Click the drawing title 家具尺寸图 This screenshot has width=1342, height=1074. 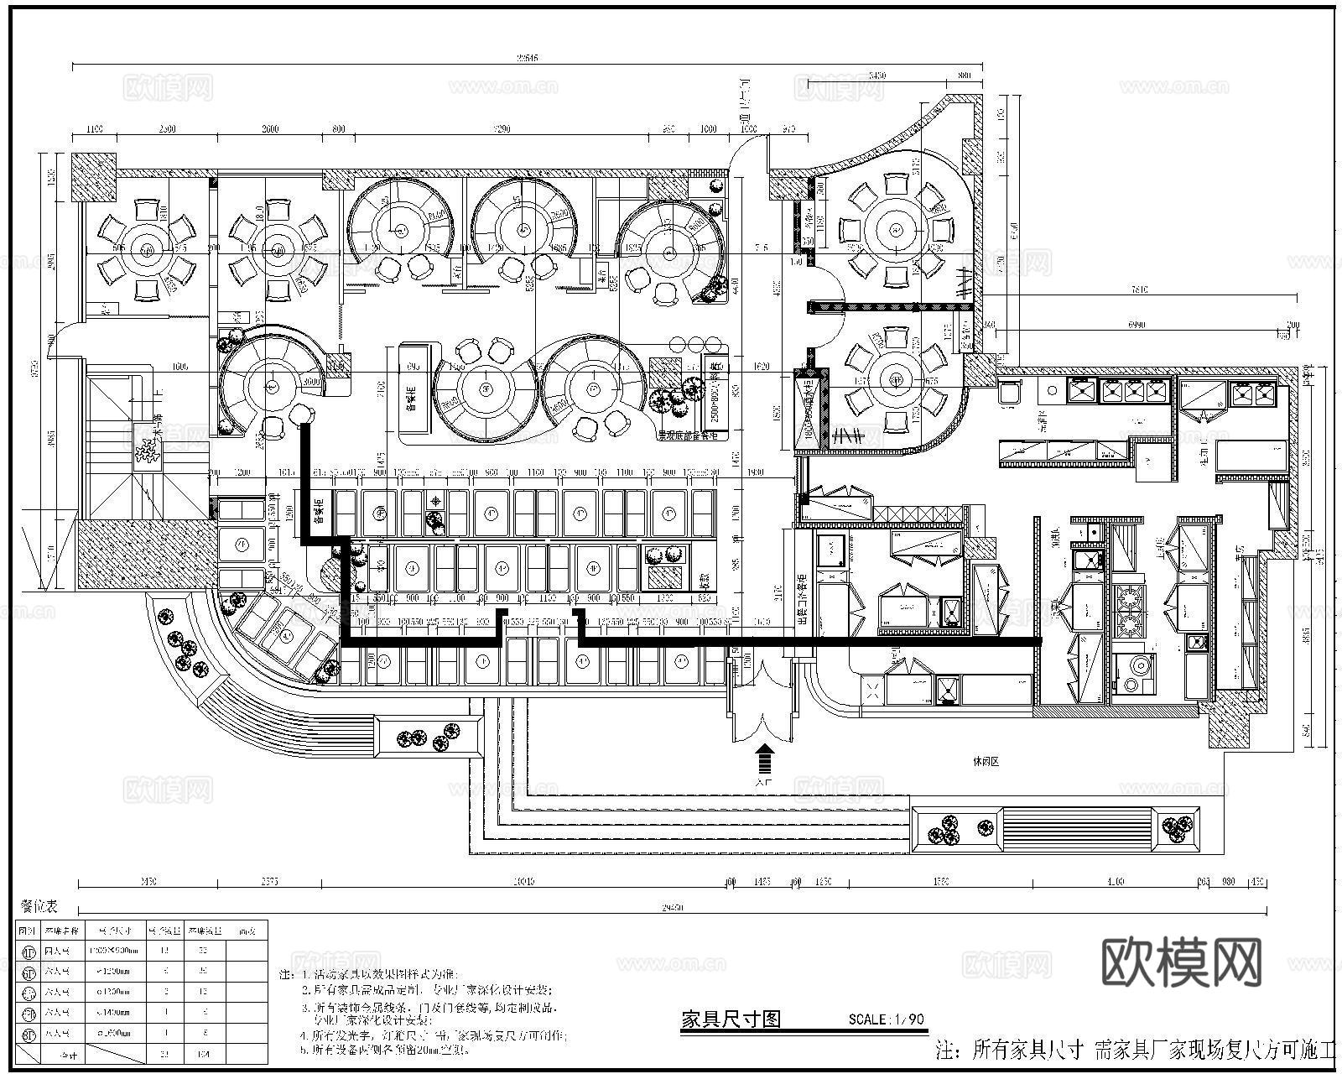coord(731,1019)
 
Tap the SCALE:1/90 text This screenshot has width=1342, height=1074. coord(886,1019)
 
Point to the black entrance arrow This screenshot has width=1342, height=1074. coord(764,760)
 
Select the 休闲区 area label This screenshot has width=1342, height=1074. coord(986,762)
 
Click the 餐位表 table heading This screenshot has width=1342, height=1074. coord(40,905)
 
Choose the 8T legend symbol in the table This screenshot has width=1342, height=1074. coord(29,1034)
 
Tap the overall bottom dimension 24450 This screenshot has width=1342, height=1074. coord(671,909)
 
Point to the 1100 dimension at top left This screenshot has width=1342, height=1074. coord(93,130)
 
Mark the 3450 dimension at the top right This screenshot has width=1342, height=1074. coord(875,76)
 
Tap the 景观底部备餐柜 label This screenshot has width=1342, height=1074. coord(687,435)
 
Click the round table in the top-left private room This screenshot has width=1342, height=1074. coord(147,249)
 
